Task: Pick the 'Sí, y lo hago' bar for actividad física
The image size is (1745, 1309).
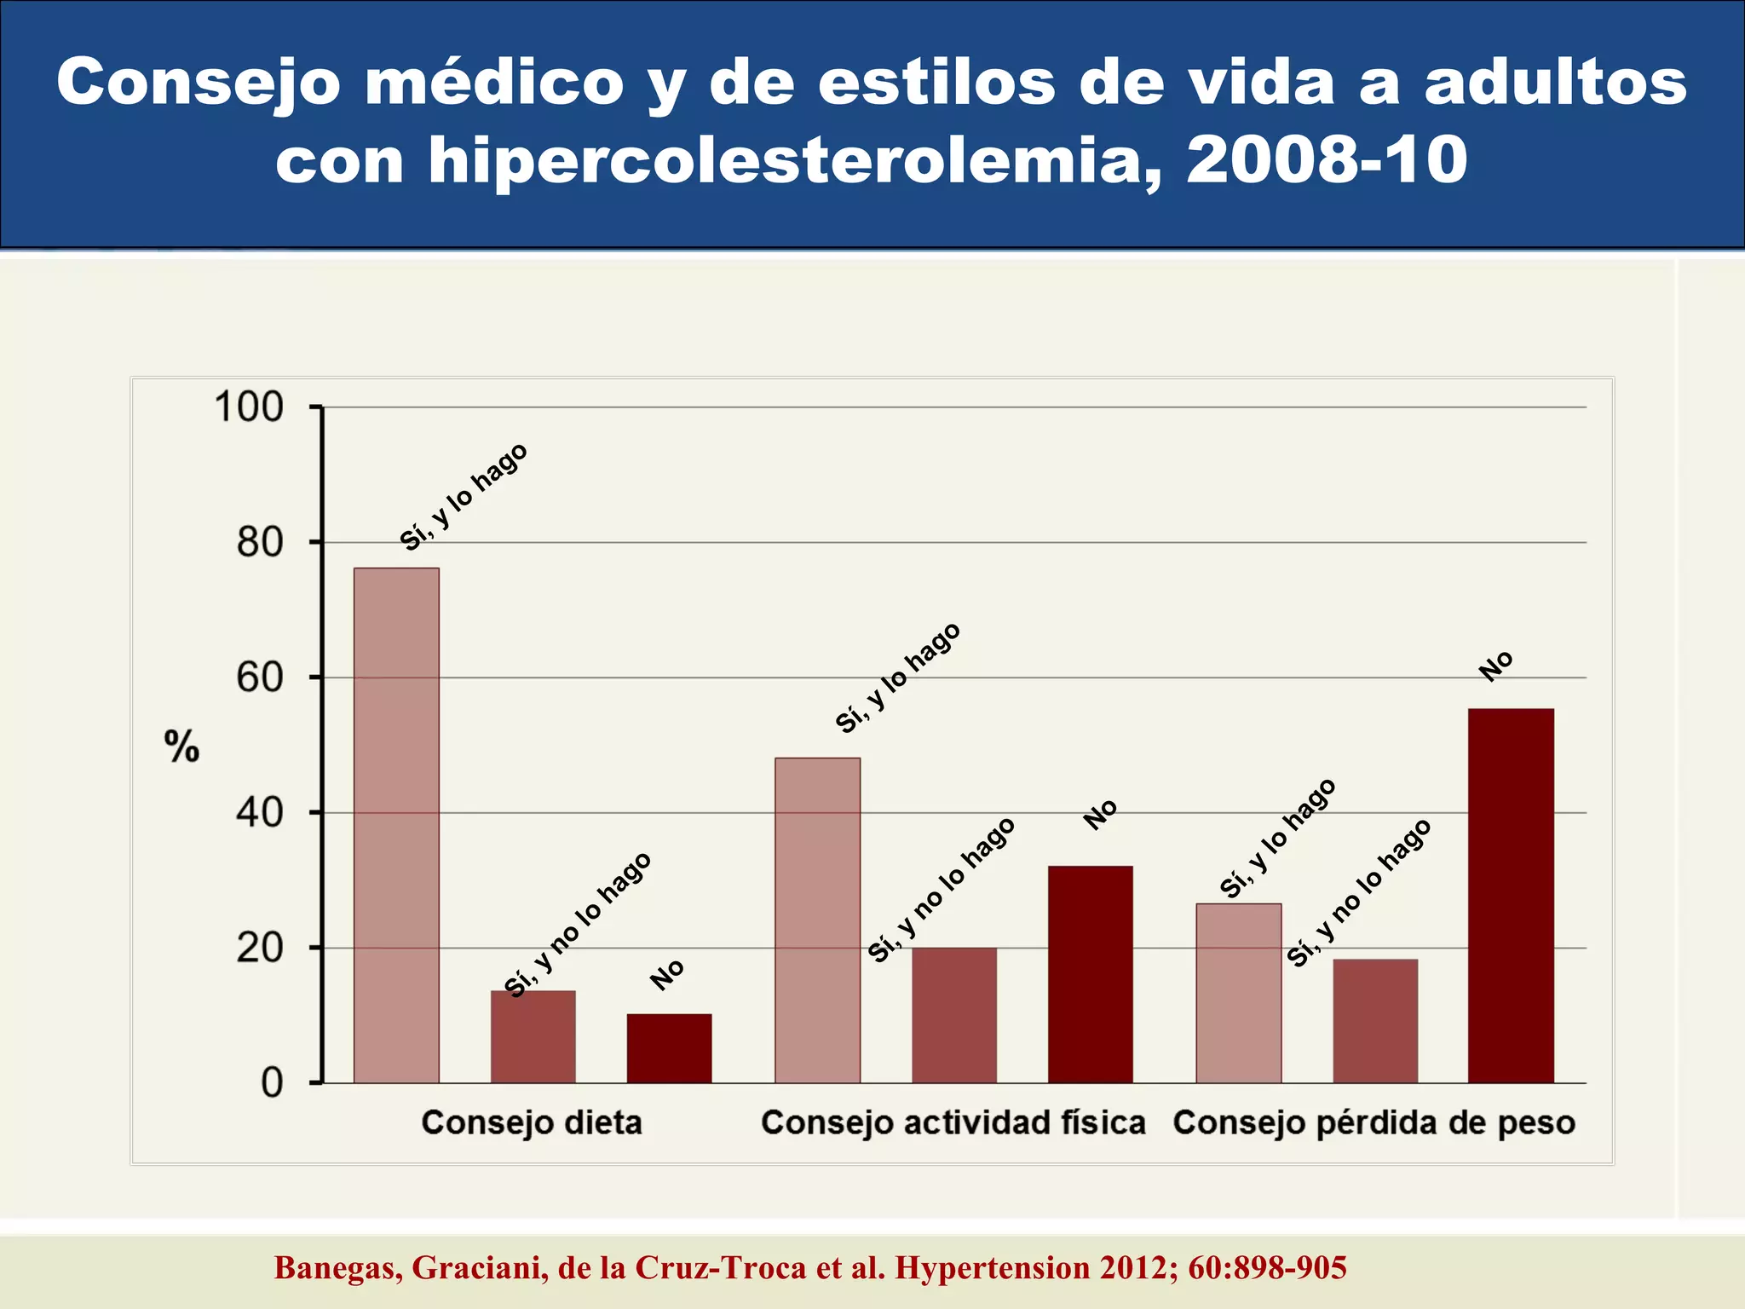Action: click(x=817, y=920)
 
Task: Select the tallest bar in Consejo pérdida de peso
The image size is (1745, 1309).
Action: click(x=1511, y=896)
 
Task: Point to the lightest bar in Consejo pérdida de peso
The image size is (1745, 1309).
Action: click(x=1238, y=993)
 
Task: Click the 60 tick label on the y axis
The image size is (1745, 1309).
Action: click(x=260, y=678)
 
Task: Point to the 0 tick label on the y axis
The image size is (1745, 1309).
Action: click(x=272, y=1083)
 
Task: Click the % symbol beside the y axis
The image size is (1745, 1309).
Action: click(x=181, y=747)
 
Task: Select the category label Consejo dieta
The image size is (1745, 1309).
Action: click(x=532, y=1122)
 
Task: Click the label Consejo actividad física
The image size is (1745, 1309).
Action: click(x=953, y=1122)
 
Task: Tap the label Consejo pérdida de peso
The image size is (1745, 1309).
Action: click(x=1374, y=1122)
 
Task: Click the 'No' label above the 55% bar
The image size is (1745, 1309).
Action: click(x=1495, y=666)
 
